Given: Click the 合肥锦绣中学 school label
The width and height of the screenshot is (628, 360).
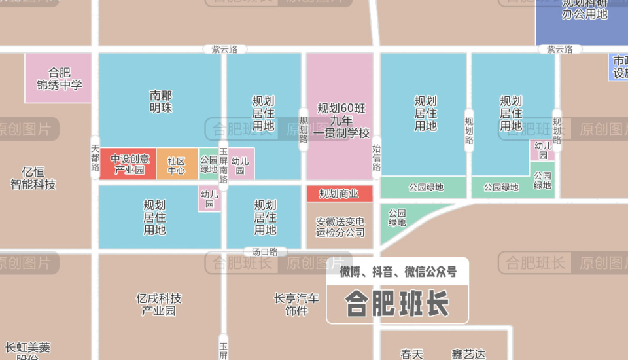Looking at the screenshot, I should pyautogui.click(x=60, y=79).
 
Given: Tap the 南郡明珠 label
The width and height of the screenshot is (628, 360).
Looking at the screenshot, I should pyautogui.click(x=160, y=101).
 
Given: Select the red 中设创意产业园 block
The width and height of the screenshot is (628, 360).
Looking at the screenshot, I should pyautogui.click(x=129, y=164).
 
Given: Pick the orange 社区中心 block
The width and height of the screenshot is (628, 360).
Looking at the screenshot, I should pyautogui.click(x=177, y=166).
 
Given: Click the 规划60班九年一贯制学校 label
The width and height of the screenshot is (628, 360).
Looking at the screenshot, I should pyautogui.click(x=340, y=120).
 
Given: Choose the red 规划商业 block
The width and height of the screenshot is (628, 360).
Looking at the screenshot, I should pyautogui.click(x=339, y=194).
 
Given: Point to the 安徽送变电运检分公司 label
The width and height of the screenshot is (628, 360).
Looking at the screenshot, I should pyautogui.click(x=340, y=226).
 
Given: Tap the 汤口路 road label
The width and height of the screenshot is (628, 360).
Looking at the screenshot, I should pyautogui.click(x=265, y=251).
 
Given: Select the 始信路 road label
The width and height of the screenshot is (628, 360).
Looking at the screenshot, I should pyautogui.click(x=376, y=157).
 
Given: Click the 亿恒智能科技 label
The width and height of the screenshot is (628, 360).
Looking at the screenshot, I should pyautogui.click(x=33, y=178).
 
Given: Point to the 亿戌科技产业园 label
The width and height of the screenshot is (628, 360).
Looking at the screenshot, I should pyautogui.click(x=158, y=304).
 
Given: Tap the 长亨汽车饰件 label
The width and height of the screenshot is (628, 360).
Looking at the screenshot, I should pyautogui.click(x=296, y=304).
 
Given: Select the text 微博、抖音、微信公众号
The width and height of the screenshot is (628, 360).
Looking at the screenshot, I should pyautogui.click(x=398, y=271).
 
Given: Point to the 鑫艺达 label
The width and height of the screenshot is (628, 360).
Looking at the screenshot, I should pyautogui.click(x=468, y=354).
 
